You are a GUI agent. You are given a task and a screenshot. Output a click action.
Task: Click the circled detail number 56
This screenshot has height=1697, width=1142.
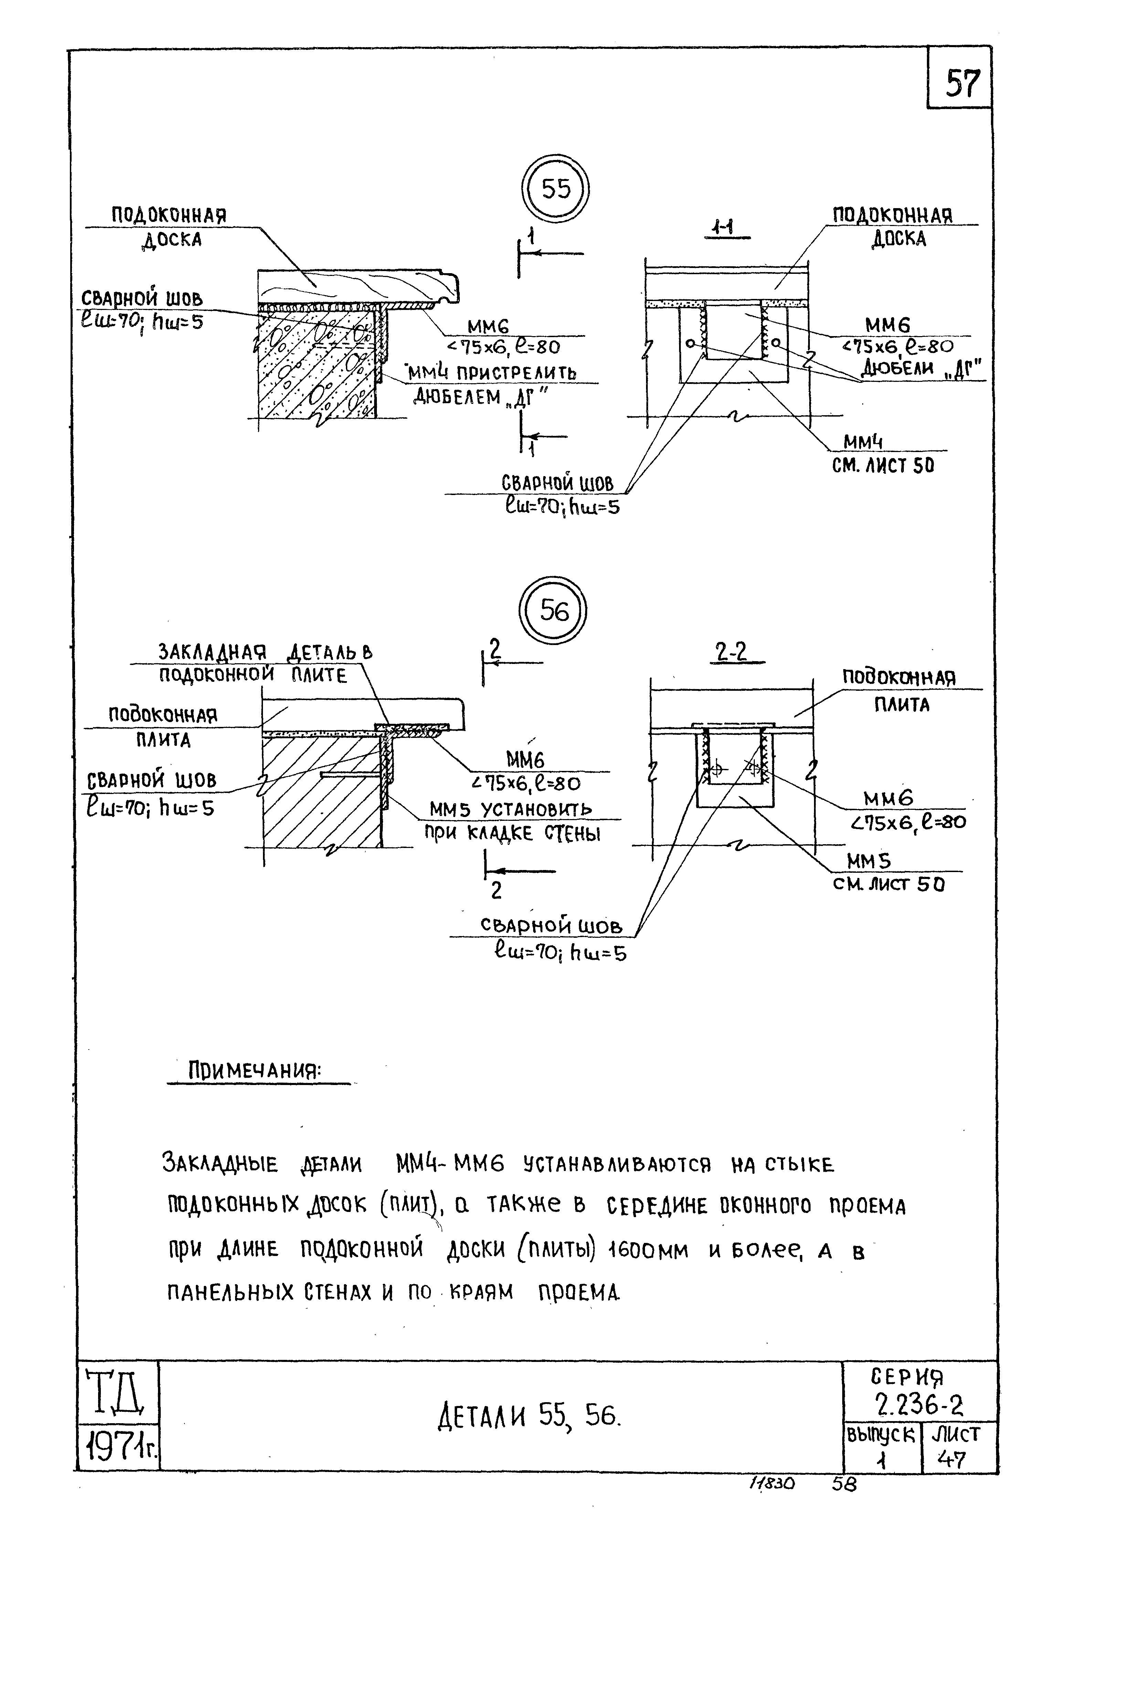[x=553, y=610]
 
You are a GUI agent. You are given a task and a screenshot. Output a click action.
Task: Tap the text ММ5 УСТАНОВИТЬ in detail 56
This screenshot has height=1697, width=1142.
[x=510, y=809]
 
